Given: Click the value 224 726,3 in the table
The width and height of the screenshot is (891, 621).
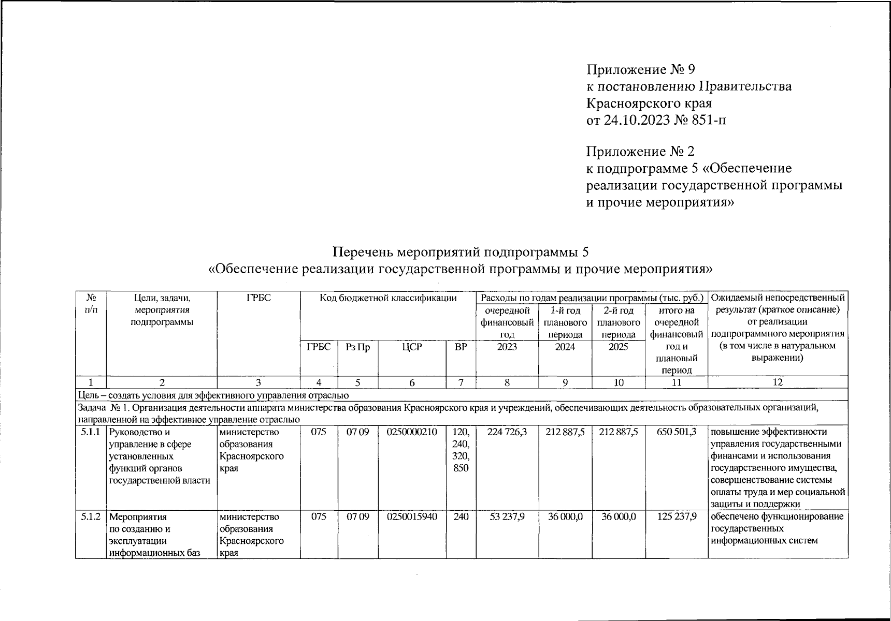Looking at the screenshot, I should [507, 432].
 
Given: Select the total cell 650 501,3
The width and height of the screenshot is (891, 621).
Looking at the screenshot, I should [677, 432].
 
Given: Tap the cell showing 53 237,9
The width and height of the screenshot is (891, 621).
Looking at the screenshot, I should [507, 516].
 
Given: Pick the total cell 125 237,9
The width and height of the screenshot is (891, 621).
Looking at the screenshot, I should [677, 516].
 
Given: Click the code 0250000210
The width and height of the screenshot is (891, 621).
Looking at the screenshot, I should [412, 432].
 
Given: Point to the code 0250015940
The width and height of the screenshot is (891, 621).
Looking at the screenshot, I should [412, 516].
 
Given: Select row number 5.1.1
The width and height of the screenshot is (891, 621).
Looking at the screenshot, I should [91, 432].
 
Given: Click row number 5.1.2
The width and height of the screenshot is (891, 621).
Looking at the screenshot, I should [91, 516].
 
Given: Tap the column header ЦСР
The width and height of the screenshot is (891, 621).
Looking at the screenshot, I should [412, 347].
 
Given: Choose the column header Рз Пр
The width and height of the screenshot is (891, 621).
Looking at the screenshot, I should [358, 348].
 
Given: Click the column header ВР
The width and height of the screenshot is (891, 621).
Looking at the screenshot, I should [461, 347].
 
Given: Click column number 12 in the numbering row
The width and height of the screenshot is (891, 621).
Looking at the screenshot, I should [777, 382].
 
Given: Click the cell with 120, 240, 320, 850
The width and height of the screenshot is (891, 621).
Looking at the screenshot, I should [461, 450].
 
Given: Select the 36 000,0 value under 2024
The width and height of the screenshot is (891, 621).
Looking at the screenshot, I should [565, 516].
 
